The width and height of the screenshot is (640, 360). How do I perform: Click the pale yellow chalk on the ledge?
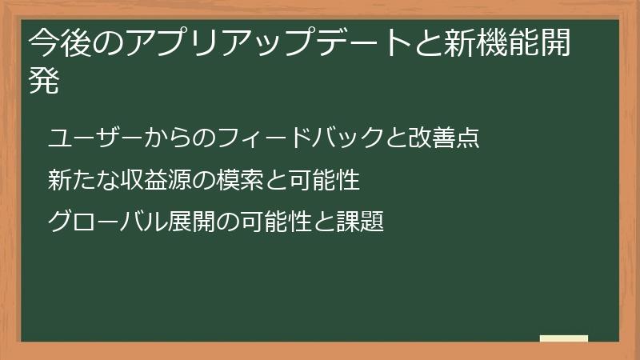tap(564, 338)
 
